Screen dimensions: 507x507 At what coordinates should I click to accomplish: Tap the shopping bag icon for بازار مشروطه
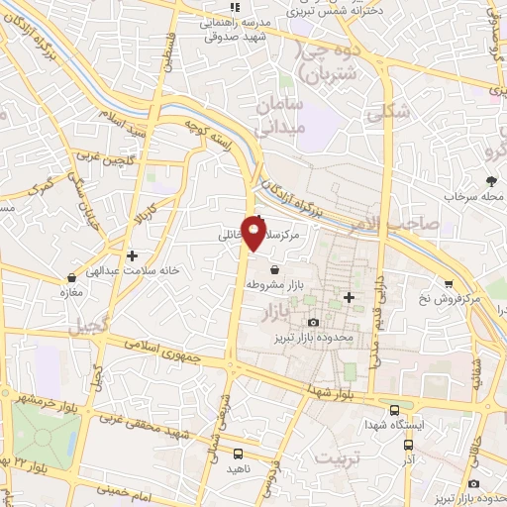tap(273, 268)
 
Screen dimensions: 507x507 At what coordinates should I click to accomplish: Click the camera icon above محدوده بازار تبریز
tap(314, 323)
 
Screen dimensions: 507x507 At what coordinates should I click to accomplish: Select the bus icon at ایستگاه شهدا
tap(395, 409)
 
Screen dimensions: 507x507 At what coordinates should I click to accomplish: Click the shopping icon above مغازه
tap(70, 277)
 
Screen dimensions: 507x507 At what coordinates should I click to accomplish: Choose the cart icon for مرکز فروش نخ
tap(449, 283)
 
